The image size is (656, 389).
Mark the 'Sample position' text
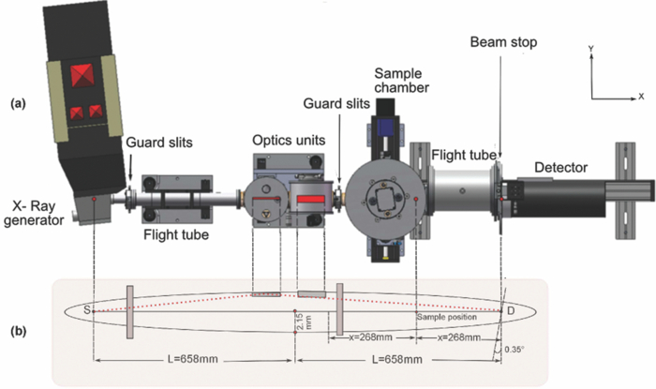pos(443,318)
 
